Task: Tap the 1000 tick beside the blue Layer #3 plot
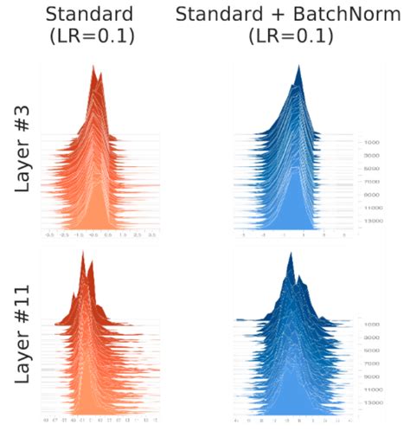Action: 372,141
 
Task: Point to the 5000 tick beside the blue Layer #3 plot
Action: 372,169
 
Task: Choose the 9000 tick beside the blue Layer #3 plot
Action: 372,195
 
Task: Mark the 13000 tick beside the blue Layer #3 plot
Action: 372,222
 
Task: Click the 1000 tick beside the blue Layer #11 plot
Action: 374,324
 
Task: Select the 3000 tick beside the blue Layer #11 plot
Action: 374,337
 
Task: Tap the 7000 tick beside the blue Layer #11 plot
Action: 374,363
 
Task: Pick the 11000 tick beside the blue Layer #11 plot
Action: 374,389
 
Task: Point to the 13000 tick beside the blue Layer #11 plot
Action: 374,402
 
